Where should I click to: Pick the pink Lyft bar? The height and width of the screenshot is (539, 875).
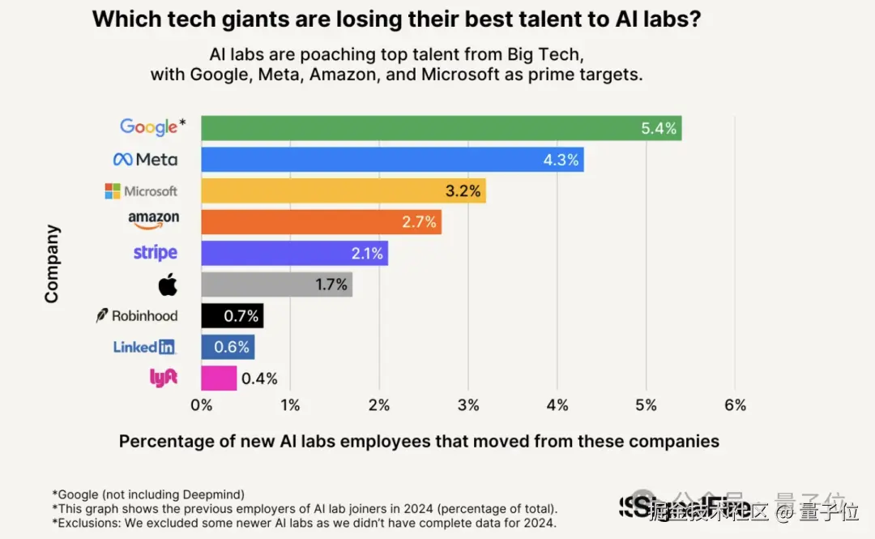click(219, 378)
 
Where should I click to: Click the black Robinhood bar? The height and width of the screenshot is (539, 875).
click(232, 316)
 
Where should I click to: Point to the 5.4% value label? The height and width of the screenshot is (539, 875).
click(659, 128)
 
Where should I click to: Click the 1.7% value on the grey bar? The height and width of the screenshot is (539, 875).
click(331, 284)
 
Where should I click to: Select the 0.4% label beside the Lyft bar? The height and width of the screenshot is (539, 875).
click(260, 379)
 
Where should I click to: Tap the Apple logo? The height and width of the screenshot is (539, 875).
click(168, 284)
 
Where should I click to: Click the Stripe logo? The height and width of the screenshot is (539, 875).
click(155, 253)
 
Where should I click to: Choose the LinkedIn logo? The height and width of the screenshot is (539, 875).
click(144, 347)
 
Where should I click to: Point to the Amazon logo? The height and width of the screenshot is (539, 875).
click(153, 220)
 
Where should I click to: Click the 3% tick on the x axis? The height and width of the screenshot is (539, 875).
click(467, 405)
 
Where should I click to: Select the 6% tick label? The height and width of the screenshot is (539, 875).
click(734, 405)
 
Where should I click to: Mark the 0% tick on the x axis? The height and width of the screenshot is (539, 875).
click(201, 405)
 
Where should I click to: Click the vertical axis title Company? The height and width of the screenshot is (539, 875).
click(52, 264)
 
